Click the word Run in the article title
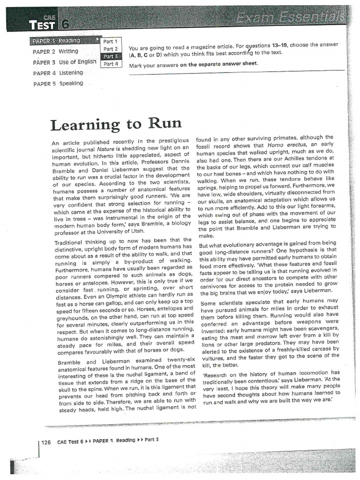pyautogui.click(x=165, y=124)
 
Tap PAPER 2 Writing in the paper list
pyautogui.click(x=56, y=52)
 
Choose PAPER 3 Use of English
pyautogui.click(x=65, y=62)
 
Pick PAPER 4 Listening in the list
pyautogui.click(x=58, y=73)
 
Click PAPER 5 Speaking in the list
pyautogui.click(x=58, y=83)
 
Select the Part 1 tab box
pyautogui.click(x=111, y=42)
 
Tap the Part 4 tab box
pyautogui.click(x=111, y=64)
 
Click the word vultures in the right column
pyautogui.click(x=213, y=358)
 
